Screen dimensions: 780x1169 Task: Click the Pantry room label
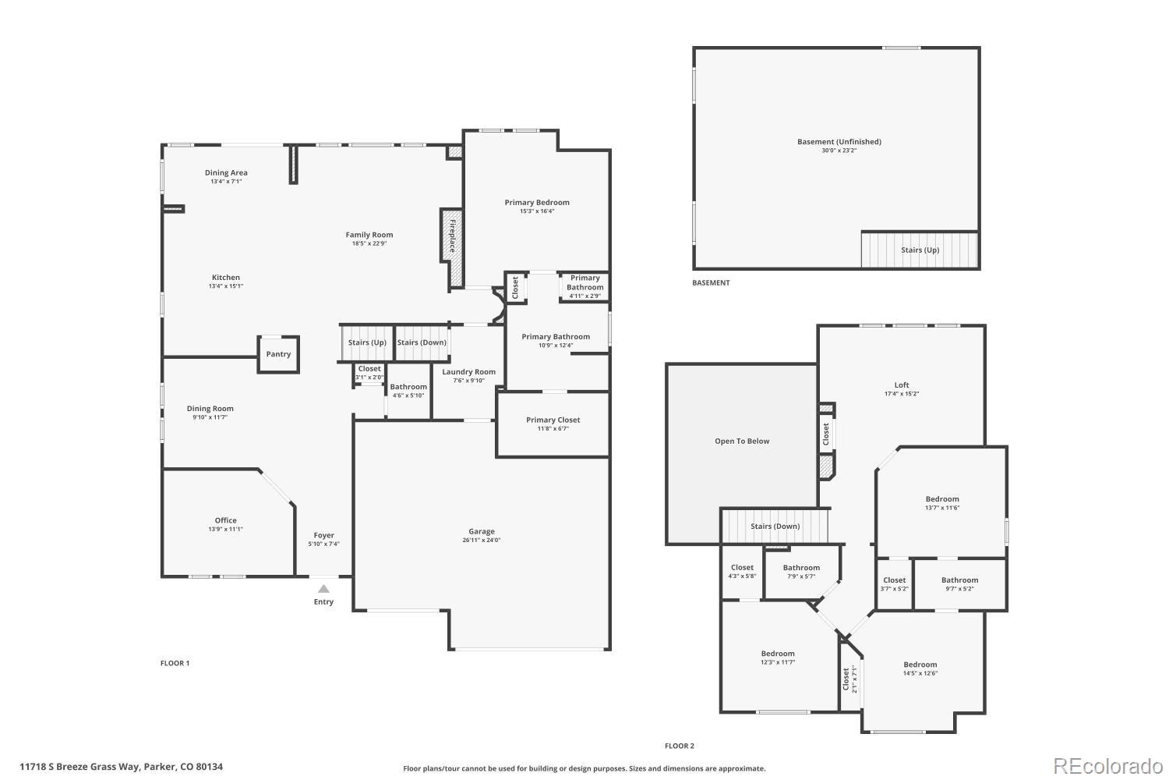278,354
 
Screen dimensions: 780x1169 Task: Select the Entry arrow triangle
323,589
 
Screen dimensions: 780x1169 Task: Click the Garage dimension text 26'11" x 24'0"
482,540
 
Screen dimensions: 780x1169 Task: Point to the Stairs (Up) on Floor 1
367,342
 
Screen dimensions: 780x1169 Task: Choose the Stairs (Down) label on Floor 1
422,342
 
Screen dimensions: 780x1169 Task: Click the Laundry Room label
468,372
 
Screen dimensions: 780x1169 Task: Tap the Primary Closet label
553,420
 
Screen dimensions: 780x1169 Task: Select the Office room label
226,520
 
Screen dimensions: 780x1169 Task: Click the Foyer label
323,535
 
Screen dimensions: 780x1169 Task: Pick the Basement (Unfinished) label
839,142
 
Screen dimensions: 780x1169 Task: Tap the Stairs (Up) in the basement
920,250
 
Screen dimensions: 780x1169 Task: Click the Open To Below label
742,441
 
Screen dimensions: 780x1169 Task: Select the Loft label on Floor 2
902,385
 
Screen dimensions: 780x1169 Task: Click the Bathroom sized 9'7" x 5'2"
959,580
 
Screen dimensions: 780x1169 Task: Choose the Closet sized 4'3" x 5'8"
742,568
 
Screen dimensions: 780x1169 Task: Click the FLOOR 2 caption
679,746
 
